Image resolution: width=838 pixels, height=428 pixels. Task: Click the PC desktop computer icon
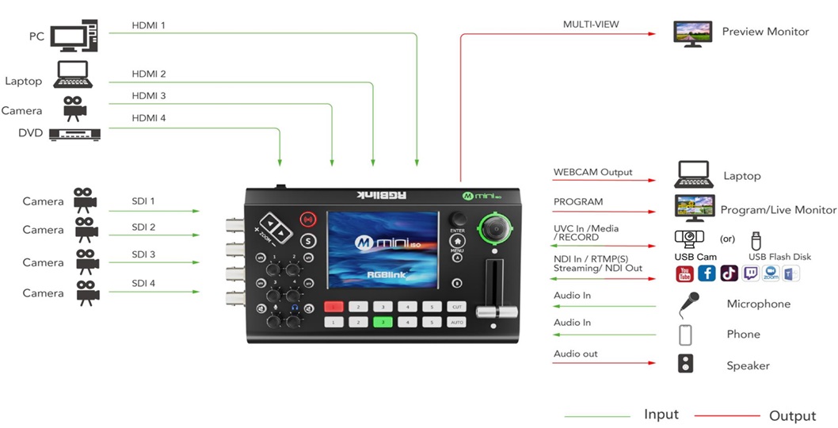(x=74, y=35)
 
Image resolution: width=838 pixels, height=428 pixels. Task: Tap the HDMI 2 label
(x=149, y=75)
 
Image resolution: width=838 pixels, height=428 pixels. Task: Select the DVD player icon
(x=76, y=134)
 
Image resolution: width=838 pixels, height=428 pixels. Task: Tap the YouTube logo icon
(x=684, y=274)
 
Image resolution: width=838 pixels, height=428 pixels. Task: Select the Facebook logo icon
(x=707, y=274)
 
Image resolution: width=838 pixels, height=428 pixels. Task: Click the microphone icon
(x=688, y=303)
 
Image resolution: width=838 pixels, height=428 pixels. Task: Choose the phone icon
(x=686, y=334)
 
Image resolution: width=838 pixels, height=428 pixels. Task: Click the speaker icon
(x=686, y=364)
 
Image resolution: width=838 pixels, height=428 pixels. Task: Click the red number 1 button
(x=334, y=306)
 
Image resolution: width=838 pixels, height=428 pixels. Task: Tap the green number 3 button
(x=383, y=322)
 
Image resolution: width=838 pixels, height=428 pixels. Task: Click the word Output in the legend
(x=792, y=416)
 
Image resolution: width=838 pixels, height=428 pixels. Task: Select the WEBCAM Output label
(x=592, y=172)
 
